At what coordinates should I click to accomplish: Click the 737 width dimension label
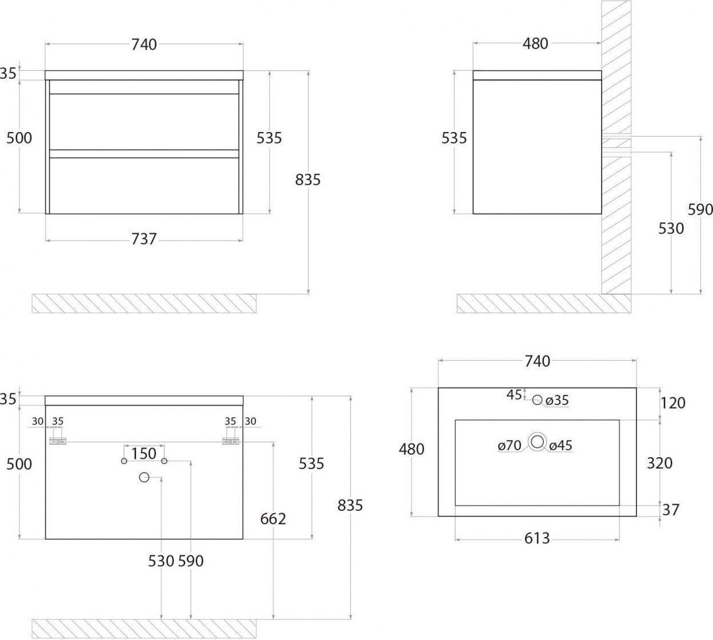[143, 239]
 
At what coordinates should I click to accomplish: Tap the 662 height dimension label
[273, 519]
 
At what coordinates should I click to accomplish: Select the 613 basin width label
[537, 538]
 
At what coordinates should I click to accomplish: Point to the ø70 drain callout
[510, 446]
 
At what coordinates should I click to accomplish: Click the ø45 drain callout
[560, 446]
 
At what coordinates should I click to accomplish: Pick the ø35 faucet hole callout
[557, 401]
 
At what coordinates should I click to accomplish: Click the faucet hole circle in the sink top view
[537, 399]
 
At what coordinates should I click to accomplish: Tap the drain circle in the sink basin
[537, 441]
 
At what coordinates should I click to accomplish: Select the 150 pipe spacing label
[143, 454]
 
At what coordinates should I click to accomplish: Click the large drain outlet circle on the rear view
[145, 477]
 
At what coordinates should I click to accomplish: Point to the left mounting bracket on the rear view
[58, 441]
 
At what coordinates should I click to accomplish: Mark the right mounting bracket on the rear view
[231, 441]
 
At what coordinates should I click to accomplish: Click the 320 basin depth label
[660, 463]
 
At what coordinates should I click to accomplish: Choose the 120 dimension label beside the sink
[673, 403]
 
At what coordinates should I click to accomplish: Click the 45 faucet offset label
[514, 395]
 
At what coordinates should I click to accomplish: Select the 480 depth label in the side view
[535, 43]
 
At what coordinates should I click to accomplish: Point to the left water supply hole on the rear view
[124, 461]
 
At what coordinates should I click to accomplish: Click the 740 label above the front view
[144, 45]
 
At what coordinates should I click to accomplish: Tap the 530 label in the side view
[671, 229]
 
